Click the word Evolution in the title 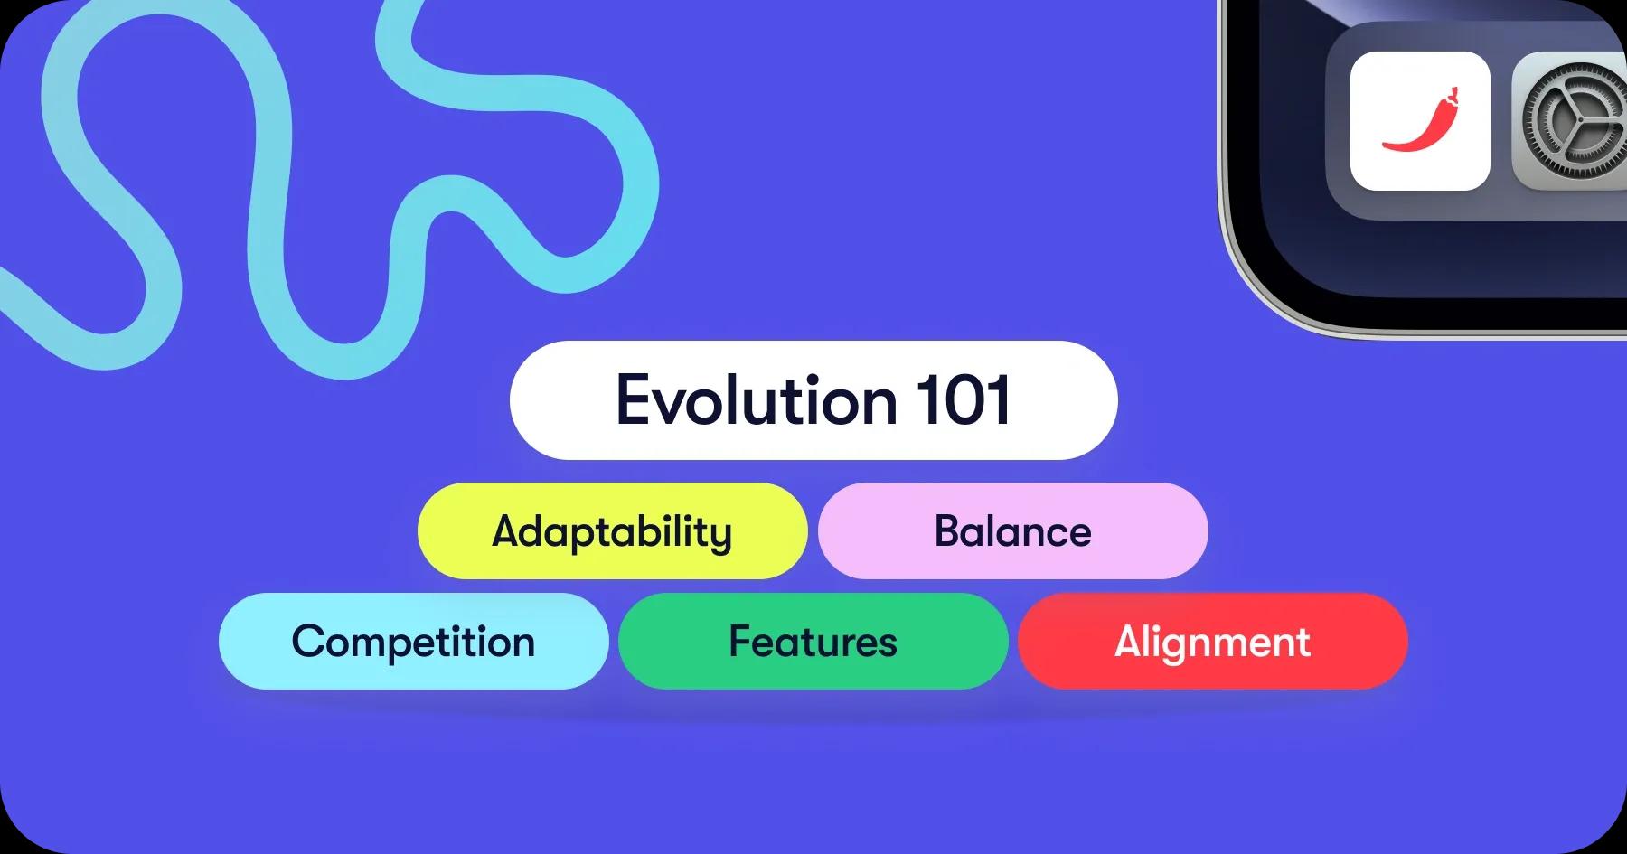pyautogui.click(x=755, y=400)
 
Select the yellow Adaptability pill pyautogui.click(x=612, y=531)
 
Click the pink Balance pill pyautogui.click(x=1012, y=531)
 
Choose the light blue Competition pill pyautogui.click(x=413, y=642)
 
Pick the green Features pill pyautogui.click(x=813, y=642)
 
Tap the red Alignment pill pyautogui.click(x=1212, y=642)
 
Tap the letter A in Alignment pyautogui.click(x=1130, y=642)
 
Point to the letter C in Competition pyautogui.click(x=309, y=642)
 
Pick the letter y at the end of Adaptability pyautogui.click(x=721, y=535)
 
